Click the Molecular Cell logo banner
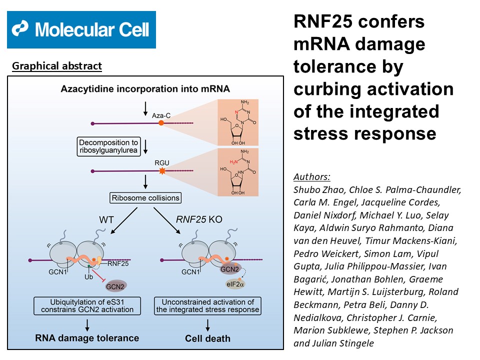[81, 30]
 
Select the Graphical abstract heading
[56, 66]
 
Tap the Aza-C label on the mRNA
[161, 115]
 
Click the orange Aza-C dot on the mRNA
[161, 122]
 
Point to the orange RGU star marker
[161, 171]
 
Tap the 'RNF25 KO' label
[195, 220]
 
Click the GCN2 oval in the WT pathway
[115, 286]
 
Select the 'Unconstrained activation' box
[207, 305]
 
